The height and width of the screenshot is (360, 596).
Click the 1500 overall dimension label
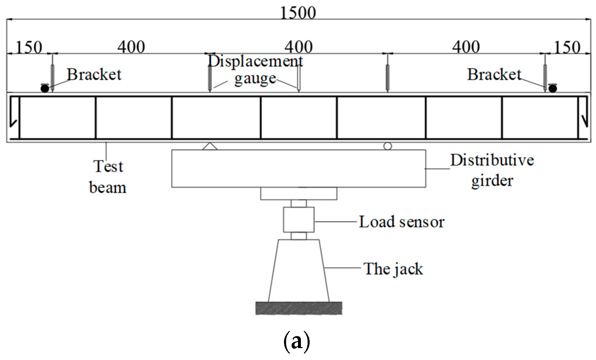coord(298,13)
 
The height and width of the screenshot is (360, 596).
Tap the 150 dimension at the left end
coord(29,47)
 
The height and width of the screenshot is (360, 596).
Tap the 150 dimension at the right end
coord(567,47)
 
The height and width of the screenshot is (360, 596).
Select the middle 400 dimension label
coord(299,47)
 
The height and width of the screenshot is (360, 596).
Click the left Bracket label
coord(94,75)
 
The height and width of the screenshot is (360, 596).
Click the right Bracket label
coord(494,75)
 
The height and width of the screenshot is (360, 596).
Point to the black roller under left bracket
coord(45,88)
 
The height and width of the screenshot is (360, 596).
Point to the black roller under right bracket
coord(553,88)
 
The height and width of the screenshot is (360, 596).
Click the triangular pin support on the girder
coord(210,146)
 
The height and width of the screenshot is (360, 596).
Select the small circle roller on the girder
coord(387,146)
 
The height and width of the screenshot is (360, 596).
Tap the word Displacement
coord(255,61)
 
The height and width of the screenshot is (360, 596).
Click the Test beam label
coord(108,177)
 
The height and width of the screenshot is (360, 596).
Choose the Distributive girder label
coord(492,170)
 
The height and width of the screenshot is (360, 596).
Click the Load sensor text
coord(401,222)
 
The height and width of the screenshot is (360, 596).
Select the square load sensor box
coord(299,219)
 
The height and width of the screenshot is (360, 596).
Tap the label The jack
coord(393,269)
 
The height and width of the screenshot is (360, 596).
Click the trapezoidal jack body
coord(299,271)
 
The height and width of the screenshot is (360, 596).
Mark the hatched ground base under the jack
coord(299,308)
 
